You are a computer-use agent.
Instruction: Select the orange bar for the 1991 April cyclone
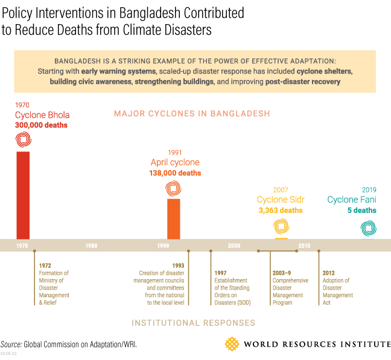pyautogui.click(x=173, y=218)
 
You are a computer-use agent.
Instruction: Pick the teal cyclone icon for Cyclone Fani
pyautogui.click(x=368, y=228)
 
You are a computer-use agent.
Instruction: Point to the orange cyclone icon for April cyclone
pyautogui.click(x=173, y=189)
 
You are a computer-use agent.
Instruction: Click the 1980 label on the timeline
pyautogui.click(x=92, y=246)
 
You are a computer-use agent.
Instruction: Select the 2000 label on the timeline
pyautogui.click(x=234, y=246)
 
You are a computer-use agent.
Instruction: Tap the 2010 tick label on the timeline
pyautogui.click(x=304, y=246)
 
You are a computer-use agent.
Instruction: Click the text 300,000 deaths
pyautogui.click(x=41, y=125)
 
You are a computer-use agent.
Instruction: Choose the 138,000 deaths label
pyautogui.click(x=175, y=173)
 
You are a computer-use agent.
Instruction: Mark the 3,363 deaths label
pyautogui.click(x=281, y=210)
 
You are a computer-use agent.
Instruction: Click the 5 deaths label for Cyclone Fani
pyautogui.click(x=362, y=210)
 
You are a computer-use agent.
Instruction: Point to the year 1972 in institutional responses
pyautogui.click(x=45, y=266)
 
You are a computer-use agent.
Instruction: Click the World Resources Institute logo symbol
pyautogui.click(x=232, y=344)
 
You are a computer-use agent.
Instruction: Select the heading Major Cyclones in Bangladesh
pyautogui.click(x=192, y=113)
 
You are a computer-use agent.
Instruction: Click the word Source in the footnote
pyautogui.click(x=11, y=344)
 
